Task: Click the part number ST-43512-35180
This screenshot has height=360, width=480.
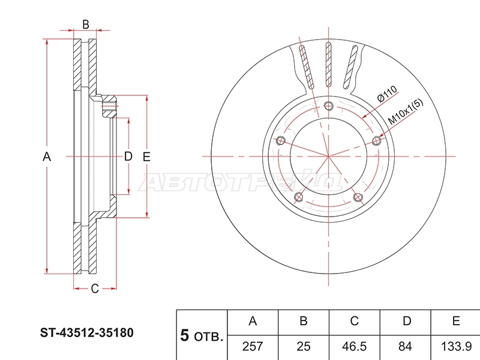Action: click(86, 333)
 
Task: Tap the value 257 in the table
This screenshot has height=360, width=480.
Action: click(253, 347)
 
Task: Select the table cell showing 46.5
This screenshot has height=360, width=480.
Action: click(354, 347)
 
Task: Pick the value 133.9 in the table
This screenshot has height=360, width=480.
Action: click(456, 347)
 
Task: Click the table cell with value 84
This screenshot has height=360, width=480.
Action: click(405, 347)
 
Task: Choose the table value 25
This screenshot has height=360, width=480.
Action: click(304, 347)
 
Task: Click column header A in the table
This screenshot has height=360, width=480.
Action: click(253, 321)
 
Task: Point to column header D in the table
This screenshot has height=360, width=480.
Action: click(407, 321)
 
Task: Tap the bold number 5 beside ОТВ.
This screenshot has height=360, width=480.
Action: click(185, 335)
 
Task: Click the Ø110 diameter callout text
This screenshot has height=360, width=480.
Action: click(387, 94)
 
